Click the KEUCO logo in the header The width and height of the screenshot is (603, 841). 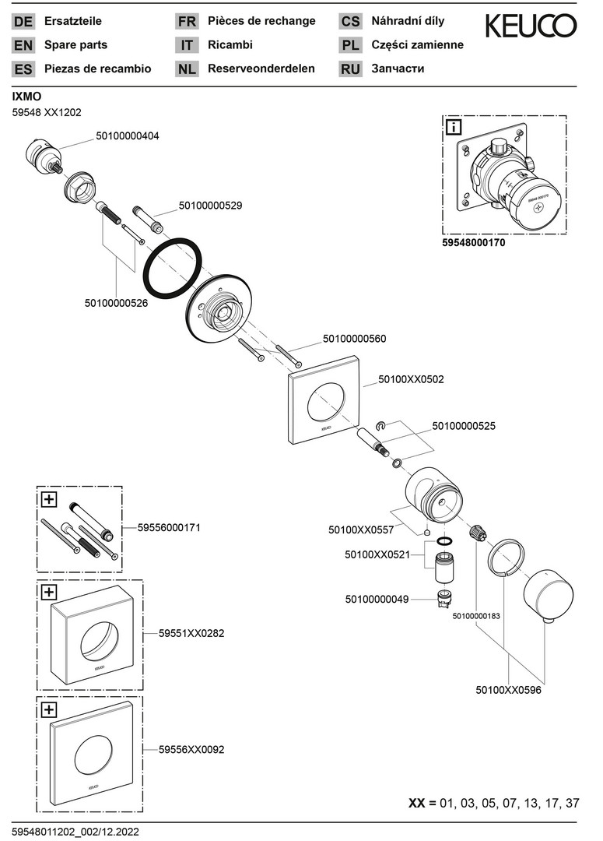(x=531, y=27)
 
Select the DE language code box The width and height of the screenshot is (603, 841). (x=23, y=22)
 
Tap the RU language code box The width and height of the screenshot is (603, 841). (x=350, y=69)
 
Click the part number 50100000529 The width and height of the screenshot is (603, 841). (x=210, y=206)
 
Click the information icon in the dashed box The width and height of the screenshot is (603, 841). (x=454, y=127)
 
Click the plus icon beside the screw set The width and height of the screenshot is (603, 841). (x=49, y=499)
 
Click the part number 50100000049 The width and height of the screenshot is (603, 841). (x=377, y=599)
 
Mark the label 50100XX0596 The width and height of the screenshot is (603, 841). (x=508, y=689)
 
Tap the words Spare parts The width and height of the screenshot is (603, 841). (x=75, y=45)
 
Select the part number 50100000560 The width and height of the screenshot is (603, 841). (x=354, y=340)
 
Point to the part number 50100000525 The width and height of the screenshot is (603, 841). (x=463, y=426)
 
